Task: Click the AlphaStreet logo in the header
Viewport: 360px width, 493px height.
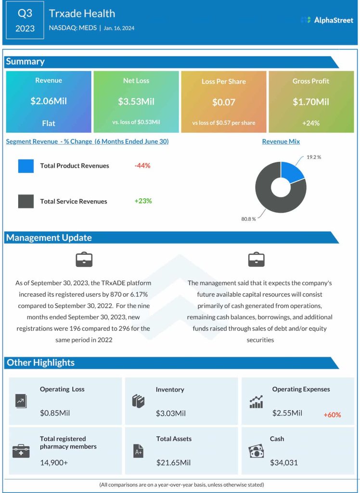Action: pos(327,20)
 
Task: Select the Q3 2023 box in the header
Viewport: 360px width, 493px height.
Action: pos(25,21)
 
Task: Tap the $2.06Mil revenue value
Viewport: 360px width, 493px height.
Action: pos(49,102)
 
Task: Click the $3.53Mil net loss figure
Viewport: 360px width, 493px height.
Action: pos(136,102)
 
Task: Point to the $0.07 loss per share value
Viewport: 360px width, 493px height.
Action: pos(223,102)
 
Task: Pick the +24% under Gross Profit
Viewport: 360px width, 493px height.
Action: pos(310,123)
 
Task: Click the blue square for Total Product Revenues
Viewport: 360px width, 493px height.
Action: pos(26,166)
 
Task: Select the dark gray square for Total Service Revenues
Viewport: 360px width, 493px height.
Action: pos(26,201)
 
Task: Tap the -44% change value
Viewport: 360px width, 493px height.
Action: pos(142,166)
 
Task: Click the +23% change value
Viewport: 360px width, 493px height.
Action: pos(143,201)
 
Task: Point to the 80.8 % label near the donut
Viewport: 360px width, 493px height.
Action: pos(248,219)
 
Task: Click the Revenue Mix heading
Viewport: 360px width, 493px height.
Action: pos(281,142)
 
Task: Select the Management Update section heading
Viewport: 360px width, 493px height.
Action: pos(49,237)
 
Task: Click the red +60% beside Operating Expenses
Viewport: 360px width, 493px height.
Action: pos(332,415)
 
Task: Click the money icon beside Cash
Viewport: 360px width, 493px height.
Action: pos(256,451)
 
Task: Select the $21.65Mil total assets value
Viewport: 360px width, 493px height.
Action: pos(173,463)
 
